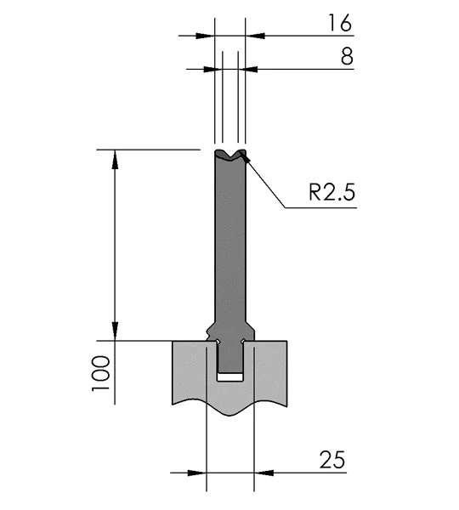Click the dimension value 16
(x=340, y=23)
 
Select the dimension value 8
(x=347, y=56)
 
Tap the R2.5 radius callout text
(x=331, y=192)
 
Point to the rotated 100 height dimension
(x=100, y=373)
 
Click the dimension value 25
(x=332, y=460)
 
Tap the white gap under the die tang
(x=230, y=377)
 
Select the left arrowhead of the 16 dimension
(x=205, y=36)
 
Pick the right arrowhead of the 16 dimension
(x=255, y=36)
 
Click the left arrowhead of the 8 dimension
(x=212, y=70)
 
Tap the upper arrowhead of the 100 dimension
(x=115, y=160)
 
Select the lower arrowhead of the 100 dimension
(x=115, y=331)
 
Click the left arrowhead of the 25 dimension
(x=197, y=473)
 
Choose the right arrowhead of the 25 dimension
(x=263, y=473)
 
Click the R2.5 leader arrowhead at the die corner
(x=246, y=158)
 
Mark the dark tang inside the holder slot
(x=230, y=357)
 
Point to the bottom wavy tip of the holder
(x=230, y=415)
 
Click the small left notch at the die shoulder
(x=208, y=332)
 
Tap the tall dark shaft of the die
(x=230, y=241)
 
